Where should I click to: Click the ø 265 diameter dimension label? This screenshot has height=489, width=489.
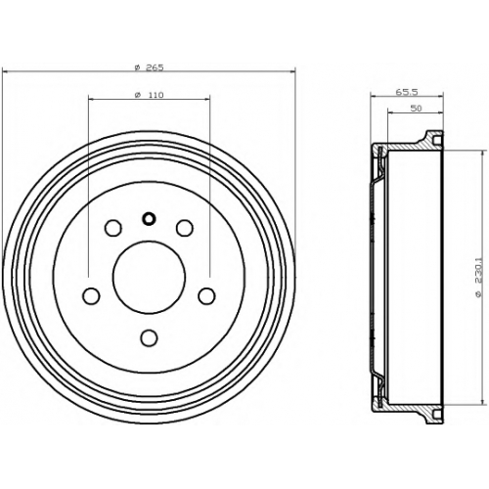(149, 67)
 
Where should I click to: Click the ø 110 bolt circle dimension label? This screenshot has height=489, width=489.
(149, 95)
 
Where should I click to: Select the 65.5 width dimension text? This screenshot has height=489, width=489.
(407, 92)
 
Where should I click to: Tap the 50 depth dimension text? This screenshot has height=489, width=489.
(416, 109)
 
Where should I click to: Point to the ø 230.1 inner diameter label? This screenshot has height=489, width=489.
(478, 278)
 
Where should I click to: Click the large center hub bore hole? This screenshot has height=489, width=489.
(149, 277)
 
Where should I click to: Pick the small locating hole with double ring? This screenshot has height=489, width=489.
(149, 219)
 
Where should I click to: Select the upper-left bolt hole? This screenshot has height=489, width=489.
(113, 228)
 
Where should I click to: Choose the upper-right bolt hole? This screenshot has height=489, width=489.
(185, 228)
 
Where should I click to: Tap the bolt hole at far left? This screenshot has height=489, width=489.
(91, 295)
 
